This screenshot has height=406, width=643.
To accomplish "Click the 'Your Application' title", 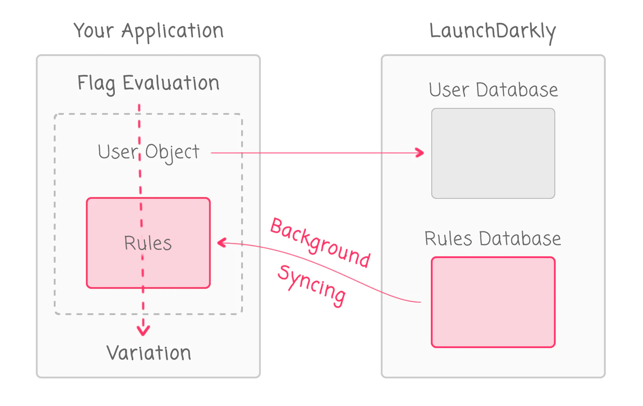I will tap(148, 31).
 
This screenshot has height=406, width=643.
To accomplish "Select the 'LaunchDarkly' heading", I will tap(492, 31).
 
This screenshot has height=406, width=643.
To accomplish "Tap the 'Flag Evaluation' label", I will tap(148, 84).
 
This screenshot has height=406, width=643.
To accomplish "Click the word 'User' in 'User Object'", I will tap(118, 152).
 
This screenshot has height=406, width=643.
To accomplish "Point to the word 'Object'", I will tap(172, 152).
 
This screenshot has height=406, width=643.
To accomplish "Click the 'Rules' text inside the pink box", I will tap(148, 243).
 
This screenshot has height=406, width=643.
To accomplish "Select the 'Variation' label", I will tap(149, 353).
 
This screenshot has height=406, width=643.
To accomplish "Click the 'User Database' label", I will tap(493, 90).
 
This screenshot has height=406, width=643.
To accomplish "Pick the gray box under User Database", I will tap(493, 153).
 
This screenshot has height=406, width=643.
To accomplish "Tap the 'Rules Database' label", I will tap(492, 239).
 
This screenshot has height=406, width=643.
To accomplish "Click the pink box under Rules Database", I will tap(493, 302).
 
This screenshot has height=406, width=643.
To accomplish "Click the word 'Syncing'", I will tap(311, 285).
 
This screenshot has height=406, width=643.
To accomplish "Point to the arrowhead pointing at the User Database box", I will tap(420, 153).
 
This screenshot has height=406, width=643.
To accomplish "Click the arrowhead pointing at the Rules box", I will tap(221, 242).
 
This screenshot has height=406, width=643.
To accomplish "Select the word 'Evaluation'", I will tap(171, 84).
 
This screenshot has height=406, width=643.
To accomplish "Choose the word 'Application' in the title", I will tap(172, 31).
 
